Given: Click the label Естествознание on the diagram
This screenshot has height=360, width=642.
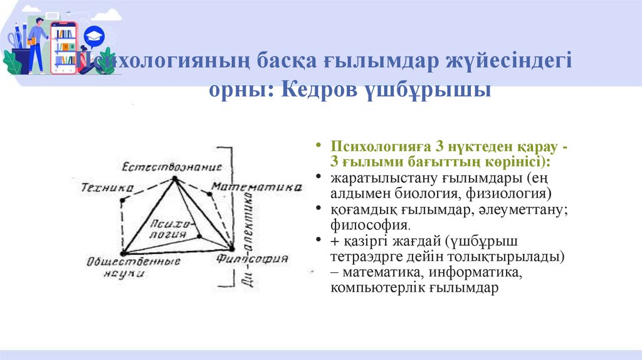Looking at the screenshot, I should point(172,167).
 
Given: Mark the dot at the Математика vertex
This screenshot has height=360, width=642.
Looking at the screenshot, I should point(211,193).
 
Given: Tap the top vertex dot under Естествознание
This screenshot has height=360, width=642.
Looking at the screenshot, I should point(174,179).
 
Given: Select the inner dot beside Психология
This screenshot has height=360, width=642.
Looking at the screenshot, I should point(199,236).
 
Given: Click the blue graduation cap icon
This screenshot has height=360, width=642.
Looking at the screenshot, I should point(93,35).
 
